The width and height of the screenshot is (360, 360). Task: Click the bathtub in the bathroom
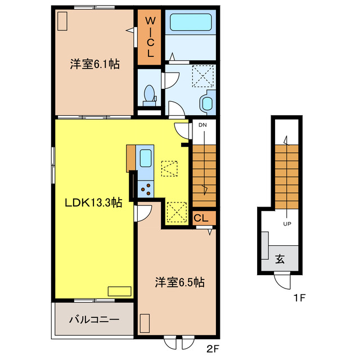coord(191,22)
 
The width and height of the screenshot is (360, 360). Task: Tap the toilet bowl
coord(149,93)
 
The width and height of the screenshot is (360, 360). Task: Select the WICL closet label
coord(150,37)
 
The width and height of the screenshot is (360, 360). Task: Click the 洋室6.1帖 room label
coord(94,64)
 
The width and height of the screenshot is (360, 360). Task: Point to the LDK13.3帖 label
coord(93,202)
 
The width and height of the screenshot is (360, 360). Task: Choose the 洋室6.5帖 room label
coord(179,282)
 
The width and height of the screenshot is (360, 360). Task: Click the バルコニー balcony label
coord(94,319)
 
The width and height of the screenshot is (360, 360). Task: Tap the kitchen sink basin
coord(146,158)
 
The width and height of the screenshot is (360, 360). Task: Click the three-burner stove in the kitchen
coord(146,189)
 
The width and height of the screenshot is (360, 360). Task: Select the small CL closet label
coord(201,218)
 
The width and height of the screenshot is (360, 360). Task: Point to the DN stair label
coord(202,125)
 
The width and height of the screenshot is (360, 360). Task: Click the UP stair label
coord(287,224)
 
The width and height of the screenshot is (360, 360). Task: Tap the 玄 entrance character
coord(280,259)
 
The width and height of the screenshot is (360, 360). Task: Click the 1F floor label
coord(299,298)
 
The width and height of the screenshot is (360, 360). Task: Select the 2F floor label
coord(213,349)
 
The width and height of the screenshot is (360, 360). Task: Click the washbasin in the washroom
coord(208,103)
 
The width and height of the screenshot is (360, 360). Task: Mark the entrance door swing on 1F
coord(282,281)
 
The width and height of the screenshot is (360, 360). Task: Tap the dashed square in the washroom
coord(203,76)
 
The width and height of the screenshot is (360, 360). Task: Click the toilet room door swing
coord(170,80)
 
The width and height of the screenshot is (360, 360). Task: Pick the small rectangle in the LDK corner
coord(120,291)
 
